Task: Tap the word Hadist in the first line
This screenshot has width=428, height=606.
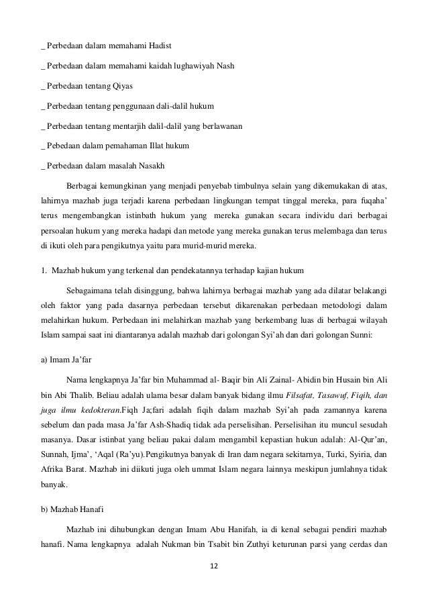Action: [158, 46]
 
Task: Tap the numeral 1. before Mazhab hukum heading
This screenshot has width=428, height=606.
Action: [44, 270]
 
